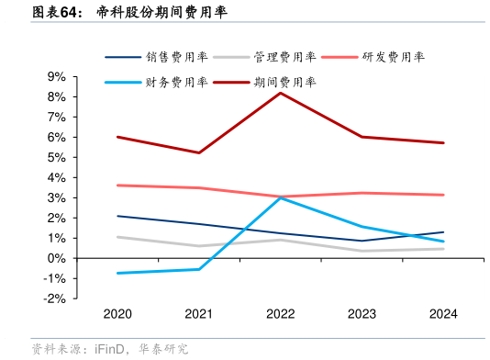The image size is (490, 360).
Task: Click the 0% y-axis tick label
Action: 55,258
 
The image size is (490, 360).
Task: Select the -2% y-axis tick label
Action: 52,298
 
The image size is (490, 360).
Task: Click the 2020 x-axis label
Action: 117,314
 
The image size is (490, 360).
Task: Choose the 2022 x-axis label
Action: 281,314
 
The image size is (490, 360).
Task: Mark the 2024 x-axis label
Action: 444,314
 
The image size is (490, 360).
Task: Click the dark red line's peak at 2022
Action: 281,93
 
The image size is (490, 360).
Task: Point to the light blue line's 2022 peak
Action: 281,197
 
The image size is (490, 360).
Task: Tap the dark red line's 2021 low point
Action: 199,152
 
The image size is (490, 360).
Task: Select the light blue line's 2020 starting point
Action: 117,273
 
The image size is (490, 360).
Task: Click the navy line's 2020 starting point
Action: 117,216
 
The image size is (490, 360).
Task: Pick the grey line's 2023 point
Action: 362,251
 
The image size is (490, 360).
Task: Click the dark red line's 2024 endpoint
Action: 444,142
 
